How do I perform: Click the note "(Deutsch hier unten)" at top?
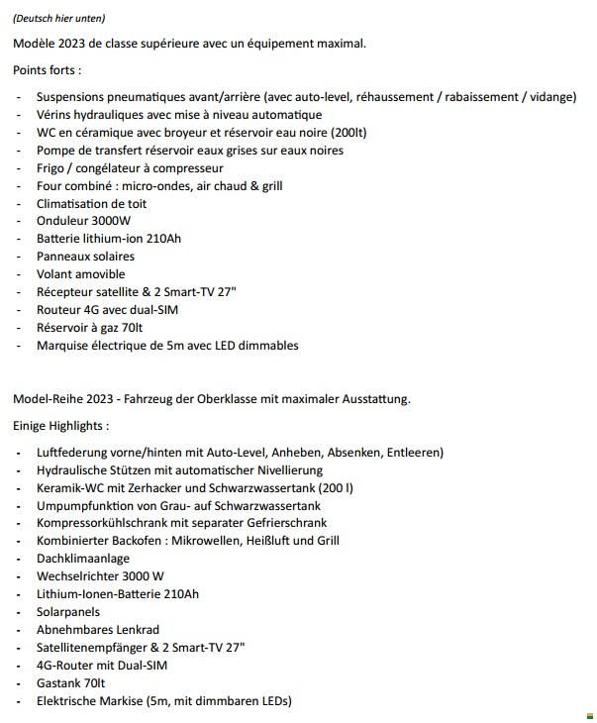click(x=59, y=18)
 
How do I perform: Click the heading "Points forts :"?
click(x=48, y=70)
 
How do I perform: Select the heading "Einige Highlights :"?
click(x=61, y=426)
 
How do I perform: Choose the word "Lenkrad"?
click(x=138, y=629)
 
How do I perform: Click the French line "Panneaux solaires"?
click(x=85, y=256)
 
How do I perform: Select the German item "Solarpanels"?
click(x=69, y=611)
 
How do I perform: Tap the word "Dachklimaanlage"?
click(x=83, y=558)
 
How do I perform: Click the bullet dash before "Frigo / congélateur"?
click(x=20, y=167)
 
